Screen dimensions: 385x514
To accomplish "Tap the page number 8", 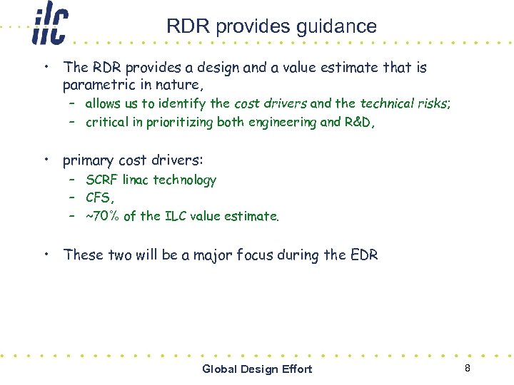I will pos(467,368).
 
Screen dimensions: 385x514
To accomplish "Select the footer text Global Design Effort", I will pos(257,369).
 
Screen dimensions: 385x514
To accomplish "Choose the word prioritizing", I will pos(180,122).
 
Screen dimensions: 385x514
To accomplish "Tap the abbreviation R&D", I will pos(357,122).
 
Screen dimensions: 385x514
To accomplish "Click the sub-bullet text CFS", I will pos(98,197).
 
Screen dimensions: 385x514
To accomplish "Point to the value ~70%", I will pos(102,216).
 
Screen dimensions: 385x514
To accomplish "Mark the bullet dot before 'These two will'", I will pos(45,254).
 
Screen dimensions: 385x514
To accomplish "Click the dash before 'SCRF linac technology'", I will pos(73,180).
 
